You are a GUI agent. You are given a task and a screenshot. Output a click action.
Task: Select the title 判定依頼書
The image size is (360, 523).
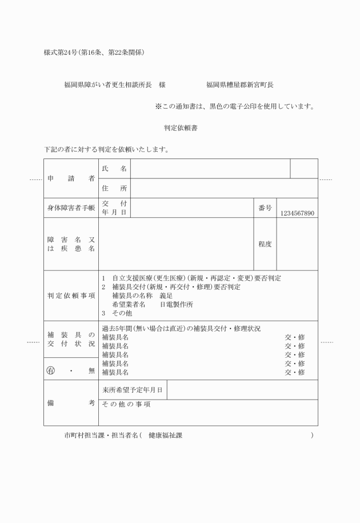click(180, 128)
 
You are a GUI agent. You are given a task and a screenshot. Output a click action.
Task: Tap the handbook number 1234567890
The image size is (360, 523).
click(297, 213)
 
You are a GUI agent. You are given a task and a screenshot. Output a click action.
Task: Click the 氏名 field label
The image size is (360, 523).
click(114, 169)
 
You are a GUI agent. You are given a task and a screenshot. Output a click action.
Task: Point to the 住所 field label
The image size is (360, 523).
click(114, 188)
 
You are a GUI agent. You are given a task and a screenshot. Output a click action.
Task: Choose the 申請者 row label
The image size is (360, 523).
click(71, 178)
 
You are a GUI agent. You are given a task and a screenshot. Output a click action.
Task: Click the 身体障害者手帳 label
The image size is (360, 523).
click(71, 208)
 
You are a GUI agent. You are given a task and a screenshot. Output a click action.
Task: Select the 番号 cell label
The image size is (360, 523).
click(265, 208)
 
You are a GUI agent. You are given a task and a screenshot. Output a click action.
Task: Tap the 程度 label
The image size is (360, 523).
click(265, 244)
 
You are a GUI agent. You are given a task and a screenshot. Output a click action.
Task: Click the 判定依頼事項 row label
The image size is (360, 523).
click(71, 296)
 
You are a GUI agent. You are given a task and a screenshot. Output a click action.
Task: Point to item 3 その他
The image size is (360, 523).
click(117, 313)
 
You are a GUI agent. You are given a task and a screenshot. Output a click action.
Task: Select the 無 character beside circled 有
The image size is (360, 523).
click(91, 370)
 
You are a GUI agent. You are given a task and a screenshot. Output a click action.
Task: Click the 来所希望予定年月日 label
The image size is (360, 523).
click(133, 390)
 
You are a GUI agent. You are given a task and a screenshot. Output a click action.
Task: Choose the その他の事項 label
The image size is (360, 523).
click(126, 404)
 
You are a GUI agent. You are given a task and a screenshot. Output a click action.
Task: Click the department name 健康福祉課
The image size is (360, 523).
click(166, 436)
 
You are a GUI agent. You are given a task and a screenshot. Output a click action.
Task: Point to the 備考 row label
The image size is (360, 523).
click(71, 403)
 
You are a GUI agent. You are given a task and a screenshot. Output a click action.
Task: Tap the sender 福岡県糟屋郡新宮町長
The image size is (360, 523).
click(239, 85)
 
